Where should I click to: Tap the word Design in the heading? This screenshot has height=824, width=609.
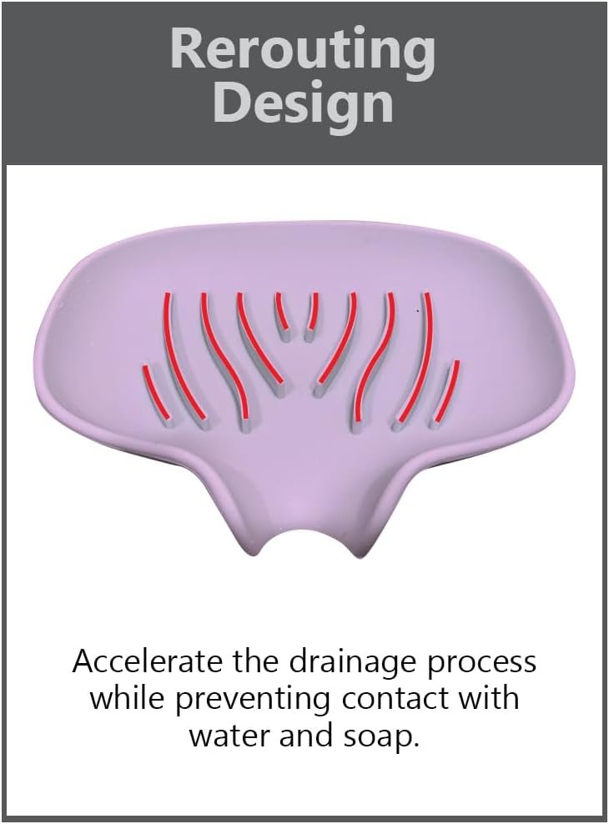click(x=303, y=104)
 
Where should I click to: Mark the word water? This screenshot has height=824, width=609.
click(x=229, y=737)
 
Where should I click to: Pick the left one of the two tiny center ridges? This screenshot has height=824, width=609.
click(x=282, y=314)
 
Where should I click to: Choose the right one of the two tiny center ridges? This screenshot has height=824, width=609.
click(x=312, y=314)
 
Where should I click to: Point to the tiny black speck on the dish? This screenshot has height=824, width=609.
click(x=418, y=311)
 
